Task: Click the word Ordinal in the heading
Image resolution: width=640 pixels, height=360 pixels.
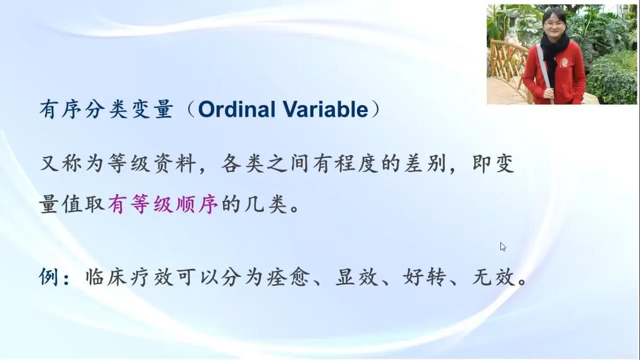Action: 237,109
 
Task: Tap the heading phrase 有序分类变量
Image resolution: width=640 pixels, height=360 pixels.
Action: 106,109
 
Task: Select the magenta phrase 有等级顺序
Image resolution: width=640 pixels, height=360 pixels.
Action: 163,204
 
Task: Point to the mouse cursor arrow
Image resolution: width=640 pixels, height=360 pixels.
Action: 503,247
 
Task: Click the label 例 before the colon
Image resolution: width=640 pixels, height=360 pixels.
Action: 48,277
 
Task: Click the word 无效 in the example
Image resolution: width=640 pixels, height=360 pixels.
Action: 494,277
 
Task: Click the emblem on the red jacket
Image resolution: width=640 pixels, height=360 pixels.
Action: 564,63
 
